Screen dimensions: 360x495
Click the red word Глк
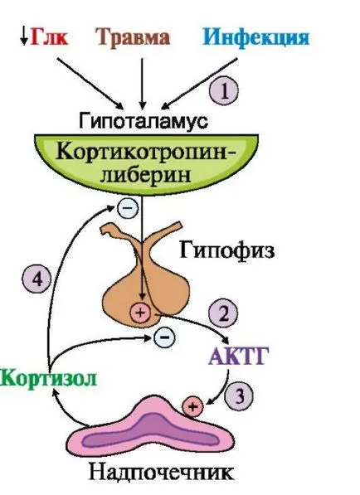[x=49, y=37]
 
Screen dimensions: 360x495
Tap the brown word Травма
[x=133, y=37]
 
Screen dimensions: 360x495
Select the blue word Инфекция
[x=256, y=37]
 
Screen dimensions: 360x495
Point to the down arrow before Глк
[x=23, y=37]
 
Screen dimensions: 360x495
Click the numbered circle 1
[x=224, y=91]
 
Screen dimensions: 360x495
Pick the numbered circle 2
[x=223, y=313]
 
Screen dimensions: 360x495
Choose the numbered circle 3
[x=239, y=396]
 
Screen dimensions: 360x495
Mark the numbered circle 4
[x=37, y=279]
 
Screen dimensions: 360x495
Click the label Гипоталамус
[x=143, y=121]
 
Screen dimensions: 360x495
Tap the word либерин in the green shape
[x=146, y=176]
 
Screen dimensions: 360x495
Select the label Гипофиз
[x=227, y=251]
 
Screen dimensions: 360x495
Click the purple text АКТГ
[x=238, y=356]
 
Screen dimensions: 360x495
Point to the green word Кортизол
[x=48, y=378]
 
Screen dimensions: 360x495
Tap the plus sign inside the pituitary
[x=140, y=313]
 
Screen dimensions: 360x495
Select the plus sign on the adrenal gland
[x=193, y=406]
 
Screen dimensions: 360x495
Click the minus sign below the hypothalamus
[x=128, y=208]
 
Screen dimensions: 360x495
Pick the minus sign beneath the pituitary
[x=164, y=337]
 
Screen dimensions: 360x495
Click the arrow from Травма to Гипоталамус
[x=142, y=84]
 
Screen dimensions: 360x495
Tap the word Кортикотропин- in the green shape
[x=146, y=153]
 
